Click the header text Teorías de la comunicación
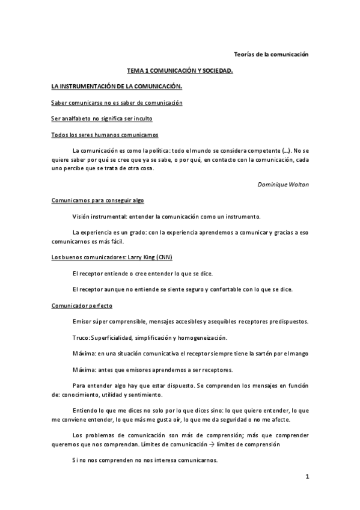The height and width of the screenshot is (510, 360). pos(270,54)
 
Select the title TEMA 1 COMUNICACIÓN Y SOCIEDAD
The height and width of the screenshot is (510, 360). pos(180,71)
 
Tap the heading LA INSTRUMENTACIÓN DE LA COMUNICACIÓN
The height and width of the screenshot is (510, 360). pos(117,87)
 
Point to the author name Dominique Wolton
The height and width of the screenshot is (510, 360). pos(283,184)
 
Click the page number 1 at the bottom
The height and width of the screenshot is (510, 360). pos(307,477)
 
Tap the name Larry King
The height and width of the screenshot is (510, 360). pos(139,257)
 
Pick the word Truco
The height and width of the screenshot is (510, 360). pos(80,337)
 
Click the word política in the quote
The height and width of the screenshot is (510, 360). pos(157,149)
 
